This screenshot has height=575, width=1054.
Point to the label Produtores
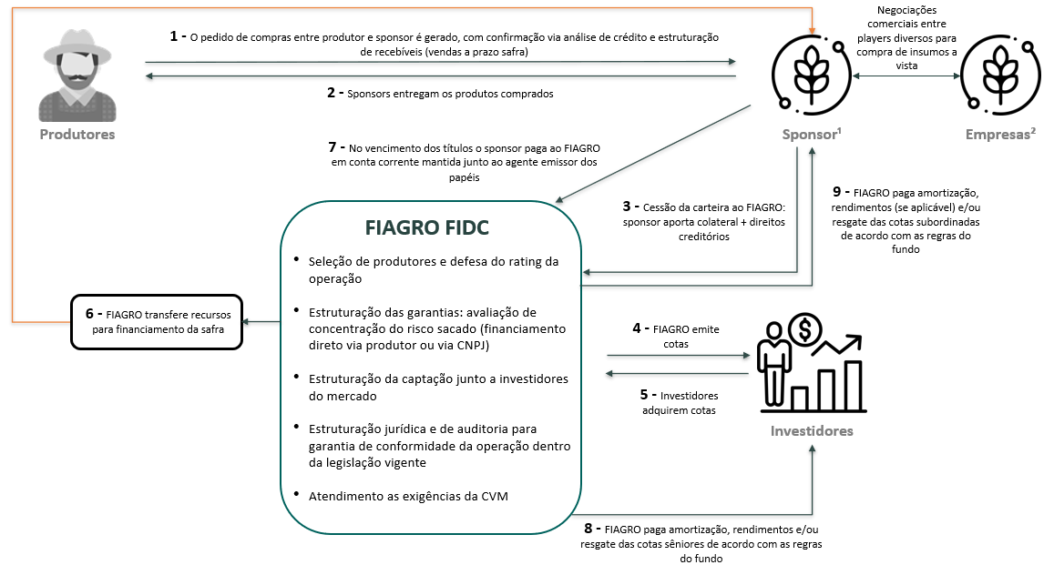(x=77, y=135)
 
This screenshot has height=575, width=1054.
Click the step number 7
(x=332, y=147)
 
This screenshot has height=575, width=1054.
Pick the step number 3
(x=626, y=207)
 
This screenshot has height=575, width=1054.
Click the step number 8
(x=588, y=528)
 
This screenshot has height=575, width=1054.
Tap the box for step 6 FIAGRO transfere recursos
(x=156, y=321)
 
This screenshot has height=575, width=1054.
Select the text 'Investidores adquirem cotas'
(x=675, y=403)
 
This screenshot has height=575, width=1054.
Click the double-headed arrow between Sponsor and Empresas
(x=895, y=77)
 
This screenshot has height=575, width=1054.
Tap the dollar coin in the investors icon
(x=805, y=329)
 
